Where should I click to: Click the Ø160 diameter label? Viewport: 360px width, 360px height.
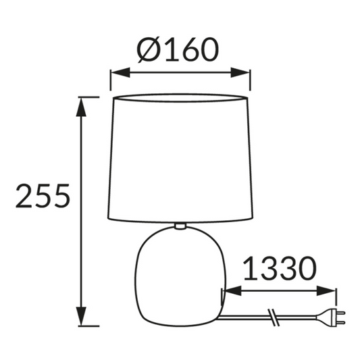click(x=178, y=49)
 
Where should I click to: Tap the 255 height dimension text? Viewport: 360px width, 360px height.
click(x=43, y=196)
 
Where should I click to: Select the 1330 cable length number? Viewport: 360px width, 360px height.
click(x=280, y=268)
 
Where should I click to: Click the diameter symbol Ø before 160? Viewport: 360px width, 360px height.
click(x=148, y=49)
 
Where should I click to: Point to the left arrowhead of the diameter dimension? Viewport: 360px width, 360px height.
click(x=120, y=72)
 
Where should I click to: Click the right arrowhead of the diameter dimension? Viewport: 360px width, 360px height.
click(x=240, y=72)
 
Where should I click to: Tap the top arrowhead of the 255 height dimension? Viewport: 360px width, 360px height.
click(x=81, y=107)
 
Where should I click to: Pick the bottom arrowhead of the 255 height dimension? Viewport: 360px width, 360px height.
click(x=81, y=316)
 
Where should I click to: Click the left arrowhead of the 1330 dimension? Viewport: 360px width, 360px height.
click(x=232, y=291)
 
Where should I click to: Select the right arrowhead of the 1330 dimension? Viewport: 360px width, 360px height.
click(x=326, y=291)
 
